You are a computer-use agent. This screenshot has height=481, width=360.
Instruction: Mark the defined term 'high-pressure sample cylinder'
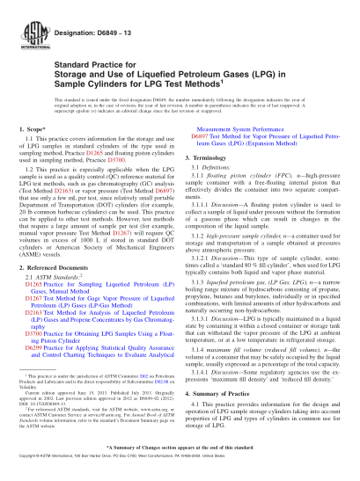pos(245,237)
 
